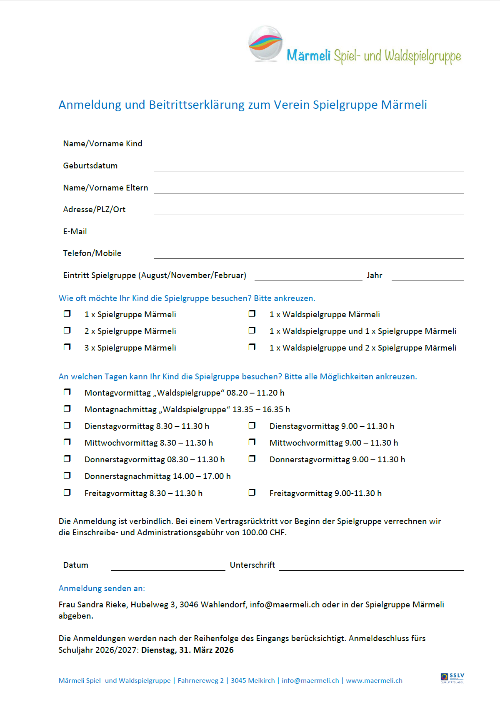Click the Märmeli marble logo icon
[265, 43]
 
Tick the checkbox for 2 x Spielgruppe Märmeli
[67, 330]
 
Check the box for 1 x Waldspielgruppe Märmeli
[252, 313]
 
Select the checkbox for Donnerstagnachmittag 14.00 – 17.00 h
[67, 475]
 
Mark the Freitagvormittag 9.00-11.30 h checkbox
[252, 492]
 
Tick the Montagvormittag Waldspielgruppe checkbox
[67, 392]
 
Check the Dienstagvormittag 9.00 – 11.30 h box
[252, 425]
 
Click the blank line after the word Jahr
[427, 276]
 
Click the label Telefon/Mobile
[92, 253]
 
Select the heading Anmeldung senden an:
[102, 588]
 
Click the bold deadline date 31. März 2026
[206, 650]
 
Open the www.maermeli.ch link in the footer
[374, 680]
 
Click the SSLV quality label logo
[452, 678]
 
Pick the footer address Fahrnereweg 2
[200, 680]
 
